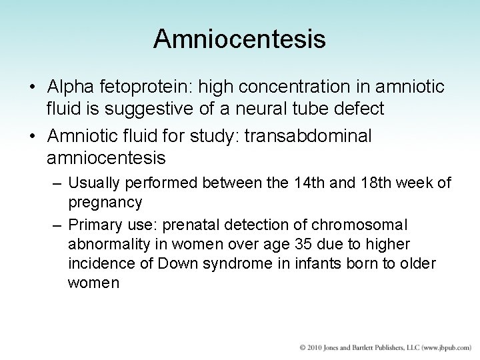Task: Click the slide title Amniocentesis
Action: pyautogui.click(x=239, y=39)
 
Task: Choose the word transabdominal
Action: pyautogui.click(x=308, y=136)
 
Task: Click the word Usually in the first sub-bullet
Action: pyautogui.click(x=93, y=183)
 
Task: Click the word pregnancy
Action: pyautogui.click(x=105, y=202)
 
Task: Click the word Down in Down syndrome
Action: pyautogui.click(x=177, y=263)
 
